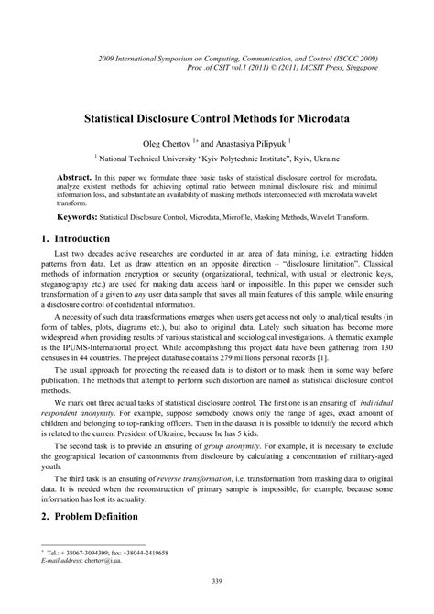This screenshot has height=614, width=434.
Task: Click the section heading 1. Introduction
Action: pyautogui.click(x=76, y=237)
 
